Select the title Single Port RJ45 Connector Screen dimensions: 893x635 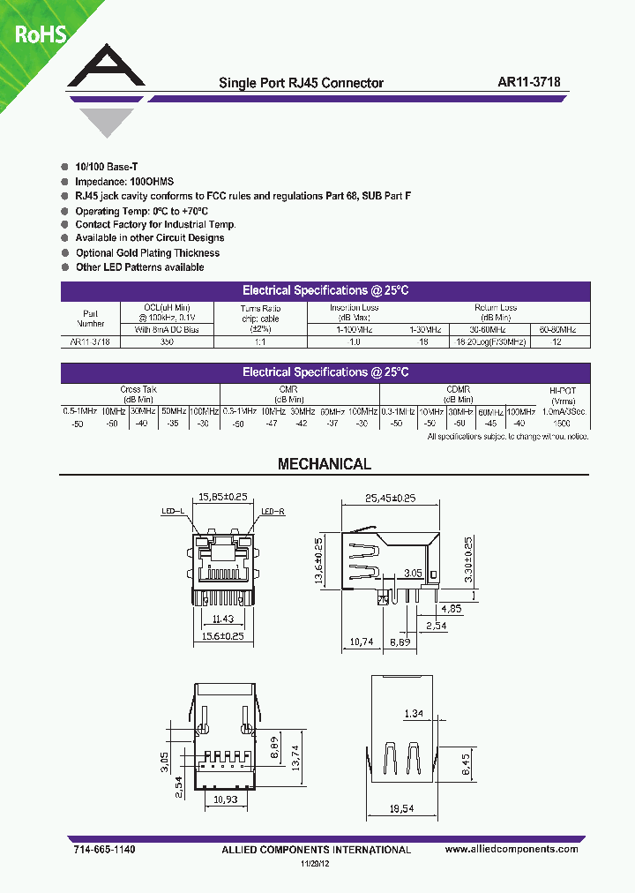(301, 83)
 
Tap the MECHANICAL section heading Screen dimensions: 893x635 (325, 464)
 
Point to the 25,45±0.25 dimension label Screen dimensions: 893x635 (389, 497)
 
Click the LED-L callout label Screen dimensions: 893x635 (172, 511)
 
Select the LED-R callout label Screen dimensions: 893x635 (273, 511)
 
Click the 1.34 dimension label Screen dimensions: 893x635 (412, 713)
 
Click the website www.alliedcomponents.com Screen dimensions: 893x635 (512, 849)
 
